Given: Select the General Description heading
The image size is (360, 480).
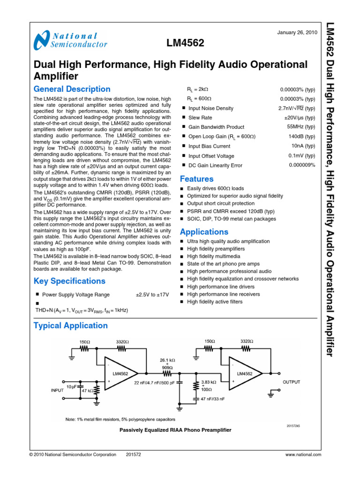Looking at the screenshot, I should (x=72, y=89).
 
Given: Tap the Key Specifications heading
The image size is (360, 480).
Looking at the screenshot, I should (x=69, y=281).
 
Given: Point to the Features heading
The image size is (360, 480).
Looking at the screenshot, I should (x=197, y=179).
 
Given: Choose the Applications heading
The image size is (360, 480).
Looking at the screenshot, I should (x=204, y=232).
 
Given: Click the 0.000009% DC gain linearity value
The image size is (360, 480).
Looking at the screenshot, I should (x=302, y=165).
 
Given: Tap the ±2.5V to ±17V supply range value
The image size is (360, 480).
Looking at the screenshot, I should (x=152, y=295).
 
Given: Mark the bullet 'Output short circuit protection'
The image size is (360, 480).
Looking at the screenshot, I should (x=220, y=204).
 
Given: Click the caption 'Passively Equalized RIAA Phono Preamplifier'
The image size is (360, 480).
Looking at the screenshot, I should (x=175, y=430).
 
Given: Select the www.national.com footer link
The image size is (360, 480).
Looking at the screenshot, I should (x=303, y=455).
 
